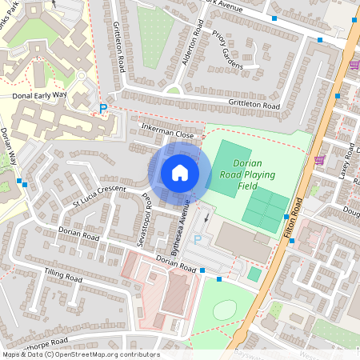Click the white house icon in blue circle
coord(180,172)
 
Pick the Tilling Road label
coord(63,276)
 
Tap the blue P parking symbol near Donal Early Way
coord(102,108)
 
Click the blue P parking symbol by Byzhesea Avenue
coord(198,238)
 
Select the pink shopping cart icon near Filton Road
coord(319,160)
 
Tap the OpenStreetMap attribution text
coord(80,354)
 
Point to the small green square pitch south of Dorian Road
coord(254,274)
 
